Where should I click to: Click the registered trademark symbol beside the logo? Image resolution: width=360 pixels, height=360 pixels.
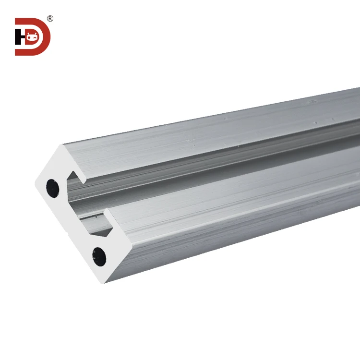point(50,18)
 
